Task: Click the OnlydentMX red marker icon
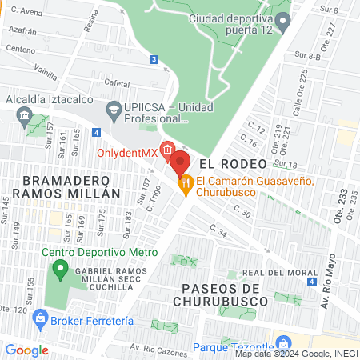click(x=167, y=149)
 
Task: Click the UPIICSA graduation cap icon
click(x=113, y=108)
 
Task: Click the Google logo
click(x=26, y=350)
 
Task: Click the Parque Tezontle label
click(x=232, y=348)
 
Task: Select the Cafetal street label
click(x=116, y=82)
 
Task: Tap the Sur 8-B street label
click(x=307, y=56)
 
